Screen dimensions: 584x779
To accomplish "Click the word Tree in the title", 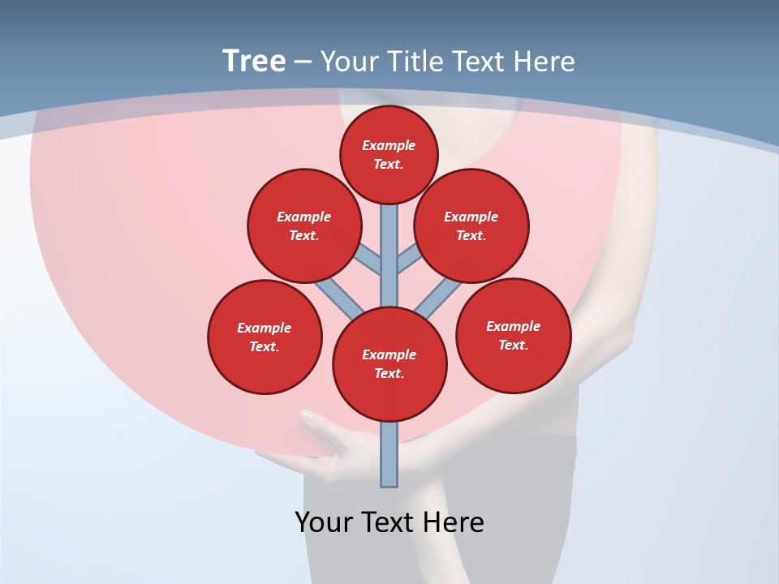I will (254, 62).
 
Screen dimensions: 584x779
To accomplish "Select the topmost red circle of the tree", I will (389, 155).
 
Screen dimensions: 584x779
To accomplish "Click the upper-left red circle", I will (304, 226).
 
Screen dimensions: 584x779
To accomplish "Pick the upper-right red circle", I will (471, 226).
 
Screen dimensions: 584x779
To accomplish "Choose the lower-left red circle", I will (265, 337).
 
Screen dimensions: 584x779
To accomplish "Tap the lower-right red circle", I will (513, 336).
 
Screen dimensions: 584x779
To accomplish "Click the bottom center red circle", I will (389, 364).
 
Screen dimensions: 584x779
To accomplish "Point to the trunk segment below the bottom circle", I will (389, 454).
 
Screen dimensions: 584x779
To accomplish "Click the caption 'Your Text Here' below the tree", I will (389, 522).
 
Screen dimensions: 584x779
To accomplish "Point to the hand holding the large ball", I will (325, 442).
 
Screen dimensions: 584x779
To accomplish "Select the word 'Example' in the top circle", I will (389, 146).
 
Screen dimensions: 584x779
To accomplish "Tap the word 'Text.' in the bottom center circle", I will (389, 374).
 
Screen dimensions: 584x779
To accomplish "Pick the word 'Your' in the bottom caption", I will (322, 522).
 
